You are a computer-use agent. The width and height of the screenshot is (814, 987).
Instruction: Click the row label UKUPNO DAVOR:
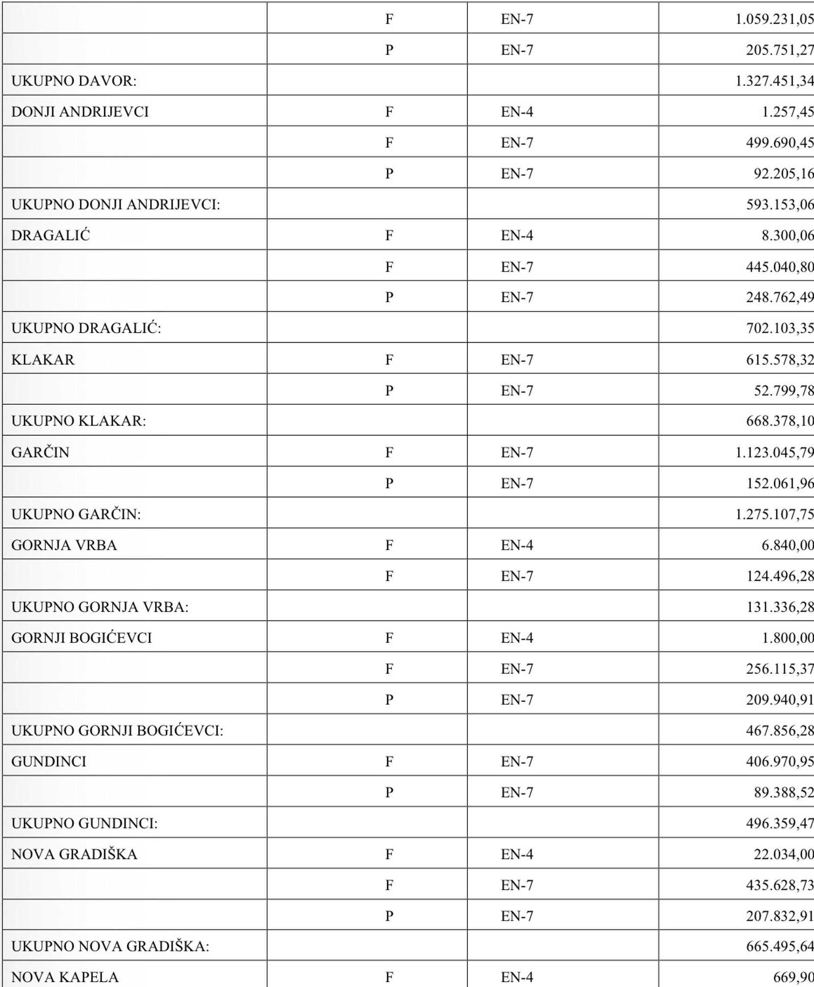(x=74, y=81)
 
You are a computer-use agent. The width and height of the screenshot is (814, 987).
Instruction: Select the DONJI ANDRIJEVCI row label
(x=80, y=111)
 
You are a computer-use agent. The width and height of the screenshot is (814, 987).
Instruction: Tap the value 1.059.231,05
(x=774, y=19)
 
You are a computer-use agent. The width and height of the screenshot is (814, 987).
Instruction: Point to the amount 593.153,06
(x=780, y=204)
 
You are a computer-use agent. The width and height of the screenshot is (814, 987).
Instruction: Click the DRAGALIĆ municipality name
(x=50, y=236)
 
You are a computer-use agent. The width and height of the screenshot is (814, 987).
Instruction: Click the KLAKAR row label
(x=42, y=360)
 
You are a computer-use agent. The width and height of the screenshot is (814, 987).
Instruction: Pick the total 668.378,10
(x=780, y=421)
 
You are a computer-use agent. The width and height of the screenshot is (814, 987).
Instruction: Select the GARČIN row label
(x=40, y=453)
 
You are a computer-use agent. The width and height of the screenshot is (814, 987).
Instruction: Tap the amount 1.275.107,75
(x=774, y=515)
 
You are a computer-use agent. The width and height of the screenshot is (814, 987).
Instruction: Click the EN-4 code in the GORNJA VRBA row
(x=517, y=545)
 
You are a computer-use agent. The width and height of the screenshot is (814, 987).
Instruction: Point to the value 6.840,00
(x=787, y=545)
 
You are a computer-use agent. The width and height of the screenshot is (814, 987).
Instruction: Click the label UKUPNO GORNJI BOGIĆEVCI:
(x=117, y=731)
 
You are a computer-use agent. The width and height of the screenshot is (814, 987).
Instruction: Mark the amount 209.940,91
(x=780, y=700)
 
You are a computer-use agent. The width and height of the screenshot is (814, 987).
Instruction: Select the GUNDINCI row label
(x=49, y=762)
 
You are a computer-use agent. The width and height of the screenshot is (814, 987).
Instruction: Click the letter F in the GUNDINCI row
(x=389, y=762)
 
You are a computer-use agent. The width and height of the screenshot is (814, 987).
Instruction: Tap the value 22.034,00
(x=784, y=854)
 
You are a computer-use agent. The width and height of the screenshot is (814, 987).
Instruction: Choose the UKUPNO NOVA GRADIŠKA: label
(x=110, y=947)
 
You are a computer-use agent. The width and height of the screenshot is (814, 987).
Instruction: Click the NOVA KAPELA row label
(x=65, y=977)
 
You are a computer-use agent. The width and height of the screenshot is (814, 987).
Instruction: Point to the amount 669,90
(x=793, y=977)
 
